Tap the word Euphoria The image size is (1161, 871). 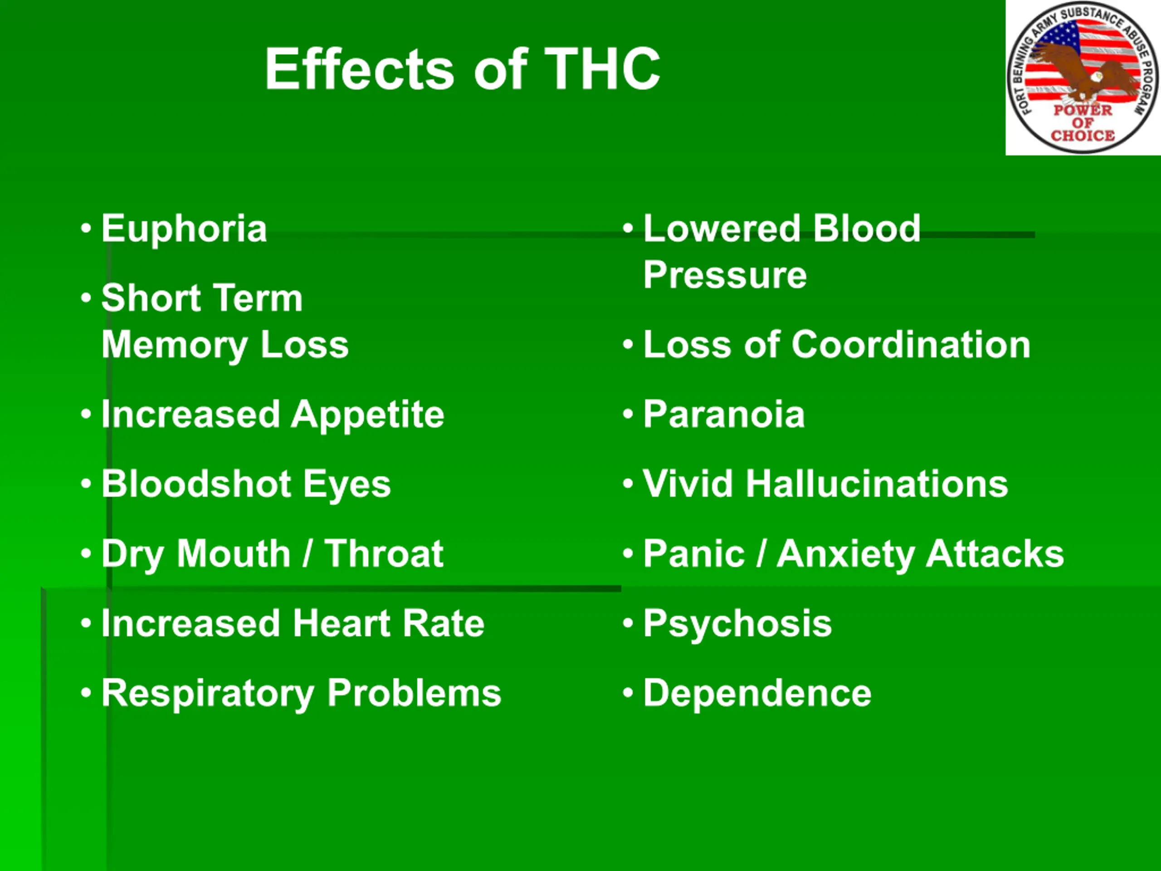pos(184,229)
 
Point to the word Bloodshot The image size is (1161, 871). pos(196,484)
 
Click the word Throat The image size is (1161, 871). pos(384,553)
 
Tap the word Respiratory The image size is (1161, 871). pos(208,694)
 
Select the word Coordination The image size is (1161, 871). pos(911,344)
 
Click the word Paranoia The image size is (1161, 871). pos(724,414)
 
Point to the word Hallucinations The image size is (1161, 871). pos(877,484)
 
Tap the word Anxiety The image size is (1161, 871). pos(845,554)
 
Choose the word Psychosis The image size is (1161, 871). pos(737,624)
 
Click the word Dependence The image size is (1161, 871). pos(757,693)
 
